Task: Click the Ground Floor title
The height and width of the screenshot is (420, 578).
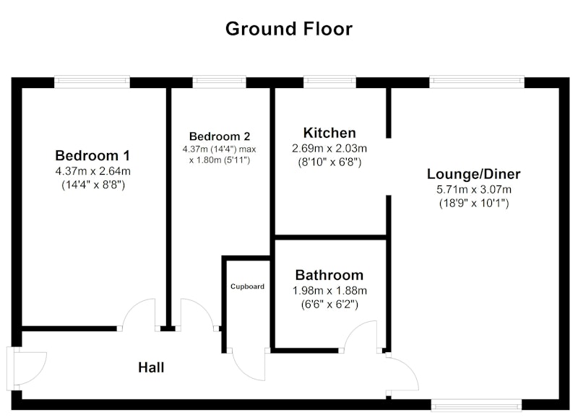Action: click(x=289, y=29)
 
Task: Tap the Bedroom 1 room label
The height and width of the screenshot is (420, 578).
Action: click(x=92, y=155)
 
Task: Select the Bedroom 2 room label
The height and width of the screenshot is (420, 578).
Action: click(x=220, y=136)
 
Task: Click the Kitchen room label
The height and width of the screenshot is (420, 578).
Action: click(x=329, y=133)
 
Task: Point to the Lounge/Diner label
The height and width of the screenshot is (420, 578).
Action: click(x=474, y=174)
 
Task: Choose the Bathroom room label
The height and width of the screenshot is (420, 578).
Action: click(x=329, y=275)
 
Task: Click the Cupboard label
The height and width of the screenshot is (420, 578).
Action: click(x=247, y=286)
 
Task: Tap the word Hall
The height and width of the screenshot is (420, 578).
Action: click(x=151, y=367)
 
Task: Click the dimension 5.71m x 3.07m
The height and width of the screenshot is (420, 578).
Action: click(x=474, y=190)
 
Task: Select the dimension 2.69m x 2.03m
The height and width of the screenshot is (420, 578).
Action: click(x=329, y=149)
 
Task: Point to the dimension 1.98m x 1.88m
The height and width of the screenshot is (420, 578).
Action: click(x=329, y=291)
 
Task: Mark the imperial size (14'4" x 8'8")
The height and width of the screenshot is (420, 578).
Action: click(x=93, y=185)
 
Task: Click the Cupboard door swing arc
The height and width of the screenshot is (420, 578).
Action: click(x=245, y=371)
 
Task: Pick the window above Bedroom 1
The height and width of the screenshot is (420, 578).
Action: click(x=92, y=82)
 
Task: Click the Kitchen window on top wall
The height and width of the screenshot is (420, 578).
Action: click(x=329, y=82)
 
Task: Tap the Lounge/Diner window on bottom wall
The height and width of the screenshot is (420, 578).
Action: click(x=476, y=406)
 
